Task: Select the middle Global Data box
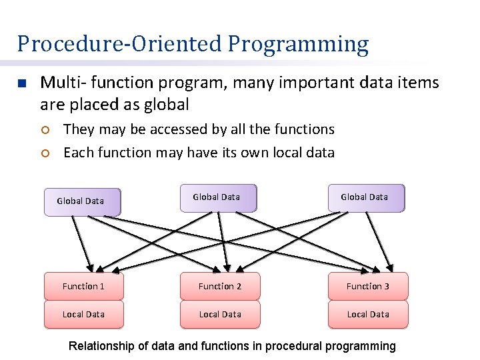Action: coord(218,197)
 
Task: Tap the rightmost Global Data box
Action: coord(366,197)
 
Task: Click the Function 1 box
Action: coord(84,286)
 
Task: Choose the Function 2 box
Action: coord(220,286)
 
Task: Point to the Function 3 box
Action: coord(368,286)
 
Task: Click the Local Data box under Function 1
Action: coord(84,314)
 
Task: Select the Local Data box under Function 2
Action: coord(220,314)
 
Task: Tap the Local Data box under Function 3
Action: coord(368,314)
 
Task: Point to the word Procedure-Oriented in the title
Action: coord(119,45)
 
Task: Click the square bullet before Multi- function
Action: coord(21,84)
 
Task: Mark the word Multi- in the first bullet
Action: coord(60,83)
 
